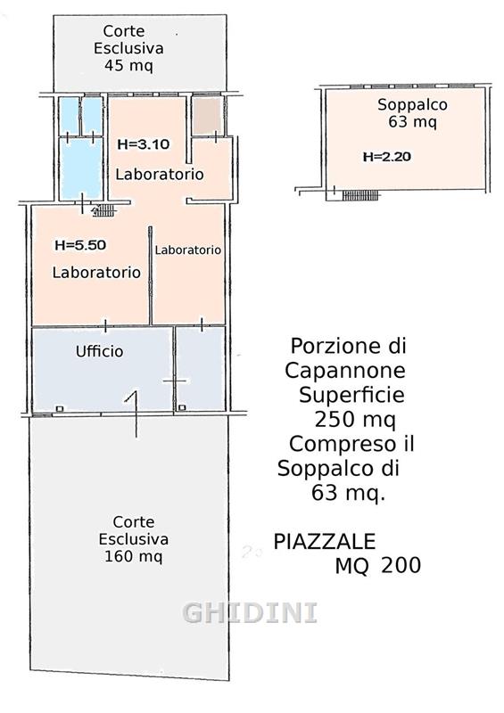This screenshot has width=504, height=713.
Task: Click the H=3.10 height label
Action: (144, 144)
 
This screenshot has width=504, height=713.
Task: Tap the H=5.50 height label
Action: (80, 245)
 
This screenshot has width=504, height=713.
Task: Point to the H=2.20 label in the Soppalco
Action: (387, 157)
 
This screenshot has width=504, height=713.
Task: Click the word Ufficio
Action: (99, 351)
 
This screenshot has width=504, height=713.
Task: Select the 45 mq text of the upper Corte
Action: (128, 65)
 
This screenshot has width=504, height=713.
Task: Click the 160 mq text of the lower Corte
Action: (134, 556)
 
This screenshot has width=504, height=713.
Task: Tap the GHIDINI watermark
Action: (250, 612)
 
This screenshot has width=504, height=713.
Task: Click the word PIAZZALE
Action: (324, 542)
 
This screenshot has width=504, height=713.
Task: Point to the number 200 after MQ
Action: (401, 566)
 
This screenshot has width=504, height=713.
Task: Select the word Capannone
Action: (345, 371)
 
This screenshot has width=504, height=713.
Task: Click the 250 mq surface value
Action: (355, 419)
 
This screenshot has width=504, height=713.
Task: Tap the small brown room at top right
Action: (207, 116)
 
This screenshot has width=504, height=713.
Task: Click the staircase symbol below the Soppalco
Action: (359, 195)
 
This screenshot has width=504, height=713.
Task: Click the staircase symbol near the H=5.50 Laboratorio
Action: (104, 210)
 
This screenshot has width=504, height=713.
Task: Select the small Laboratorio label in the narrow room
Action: (187, 250)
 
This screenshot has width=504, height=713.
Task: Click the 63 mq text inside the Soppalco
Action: (412, 122)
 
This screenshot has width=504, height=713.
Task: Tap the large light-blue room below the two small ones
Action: (80, 168)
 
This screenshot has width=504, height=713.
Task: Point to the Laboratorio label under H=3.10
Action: (160, 174)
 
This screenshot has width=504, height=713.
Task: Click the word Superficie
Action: (351, 395)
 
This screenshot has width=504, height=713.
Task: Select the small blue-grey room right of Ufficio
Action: (201, 369)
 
